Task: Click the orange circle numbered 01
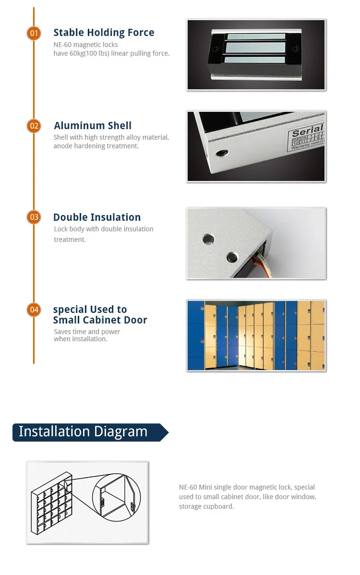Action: click(34, 33)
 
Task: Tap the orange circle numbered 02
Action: click(34, 126)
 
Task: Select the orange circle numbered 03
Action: click(34, 217)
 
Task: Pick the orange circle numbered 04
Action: click(34, 310)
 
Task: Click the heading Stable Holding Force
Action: click(104, 33)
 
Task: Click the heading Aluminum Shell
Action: click(93, 126)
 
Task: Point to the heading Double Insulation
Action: click(97, 217)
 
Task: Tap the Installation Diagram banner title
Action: click(83, 431)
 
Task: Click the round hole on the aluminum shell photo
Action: click(222, 153)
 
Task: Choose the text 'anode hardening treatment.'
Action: click(96, 146)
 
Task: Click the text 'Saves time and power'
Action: click(87, 332)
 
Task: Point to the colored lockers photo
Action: click(256, 335)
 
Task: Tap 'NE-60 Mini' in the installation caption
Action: click(195, 487)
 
